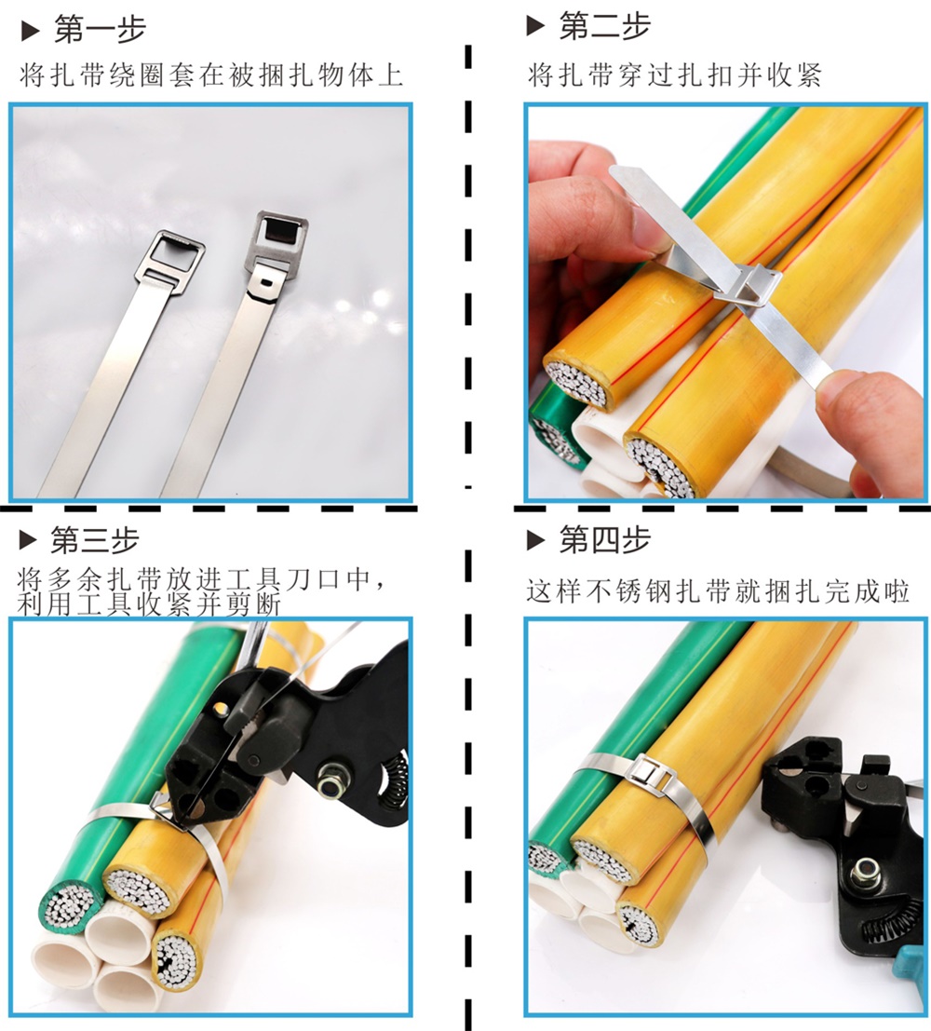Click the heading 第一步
(x=100, y=30)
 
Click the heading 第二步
(x=605, y=27)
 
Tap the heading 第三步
(x=95, y=540)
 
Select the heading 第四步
(x=605, y=540)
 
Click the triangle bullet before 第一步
(x=30, y=31)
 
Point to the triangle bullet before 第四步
(x=536, y=540)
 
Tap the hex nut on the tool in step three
(x=328, y=786)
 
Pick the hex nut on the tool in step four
(x=864, y=875)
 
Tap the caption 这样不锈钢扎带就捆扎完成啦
(x=718, y=591)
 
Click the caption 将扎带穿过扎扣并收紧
(x=675, y=75)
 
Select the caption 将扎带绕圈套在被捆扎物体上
(x=211, y=75)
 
